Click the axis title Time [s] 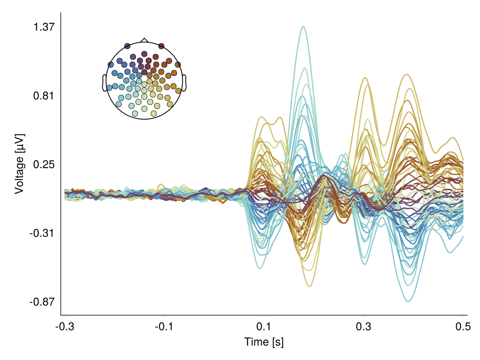(x=264, y=342)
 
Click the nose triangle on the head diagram (x=144, y=40)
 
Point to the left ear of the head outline (x=104, y=83)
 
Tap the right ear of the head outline (x=184, y=83)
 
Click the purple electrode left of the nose (x=127, y=46)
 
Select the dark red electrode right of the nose (x=161, y=46)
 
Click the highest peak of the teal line (x=304, y=27)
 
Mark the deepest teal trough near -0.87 (x=408, y=301)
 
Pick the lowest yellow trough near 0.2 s (x=310, y=286)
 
